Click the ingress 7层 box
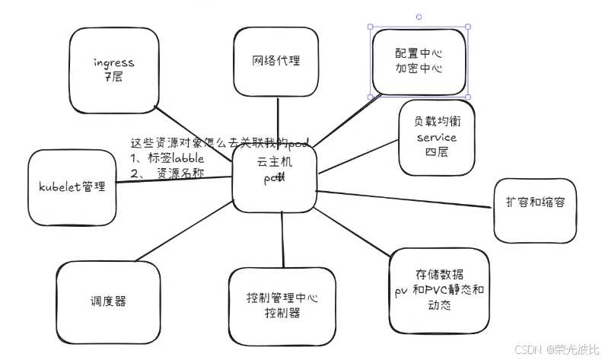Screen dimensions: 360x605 click(x=114, y=68)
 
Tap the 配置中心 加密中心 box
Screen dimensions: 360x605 click(x=419, y=61)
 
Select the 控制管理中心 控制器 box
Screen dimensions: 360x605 click(x=282, y=306)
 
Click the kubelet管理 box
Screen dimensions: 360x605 click(x=72, y=187)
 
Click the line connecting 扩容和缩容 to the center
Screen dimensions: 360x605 click(x=403, y=199)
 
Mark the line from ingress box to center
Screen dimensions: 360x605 click(x=194, y=130)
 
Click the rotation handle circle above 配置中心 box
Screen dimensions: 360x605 click(x=419, y=16)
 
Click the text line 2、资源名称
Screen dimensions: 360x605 click(x=167, y=173)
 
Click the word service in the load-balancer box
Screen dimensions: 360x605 click(x=437, y=138)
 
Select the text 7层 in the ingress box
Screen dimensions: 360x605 click(x=114, y=77)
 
